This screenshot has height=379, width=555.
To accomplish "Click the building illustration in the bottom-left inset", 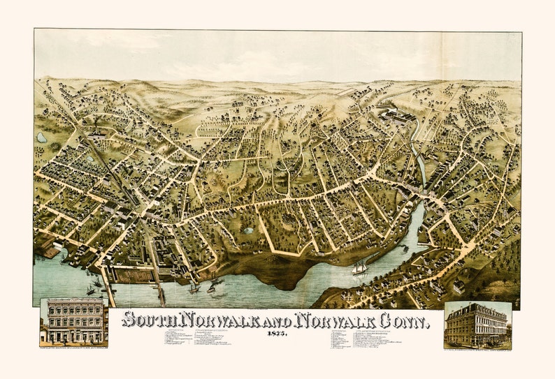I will [x=74, y=321].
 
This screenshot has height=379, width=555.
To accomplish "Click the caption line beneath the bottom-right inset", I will [x=477, y=347].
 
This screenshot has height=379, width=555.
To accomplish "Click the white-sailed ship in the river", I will [x=360, y=267].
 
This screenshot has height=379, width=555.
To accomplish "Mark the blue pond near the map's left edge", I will [x=42, y=138].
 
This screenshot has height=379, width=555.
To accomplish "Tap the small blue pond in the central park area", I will [x=248, y=230].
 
